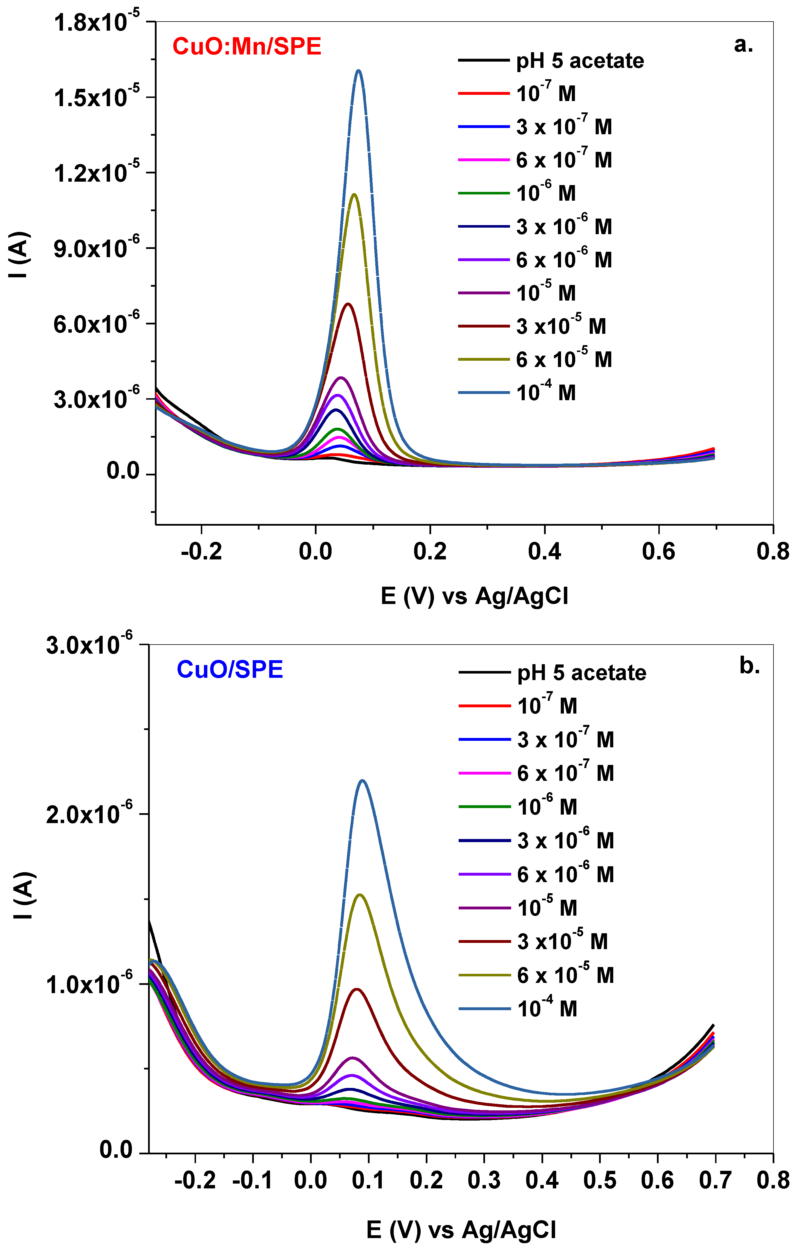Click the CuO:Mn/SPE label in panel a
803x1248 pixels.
(x=247, y=47)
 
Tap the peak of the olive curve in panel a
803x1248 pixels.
(x=355, y=195)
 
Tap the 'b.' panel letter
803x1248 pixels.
(x=750, y=666)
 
